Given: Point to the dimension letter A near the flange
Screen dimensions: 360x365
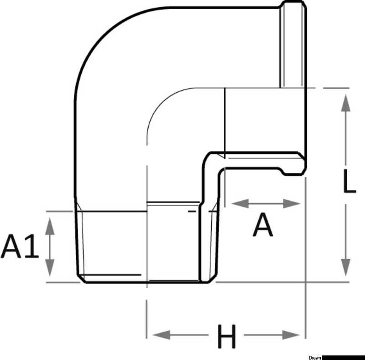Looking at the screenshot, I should tap(263, 226).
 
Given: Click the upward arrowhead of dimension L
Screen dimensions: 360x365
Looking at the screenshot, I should tap(346, 102).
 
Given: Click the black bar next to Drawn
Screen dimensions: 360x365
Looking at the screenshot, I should tap(344, 358).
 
